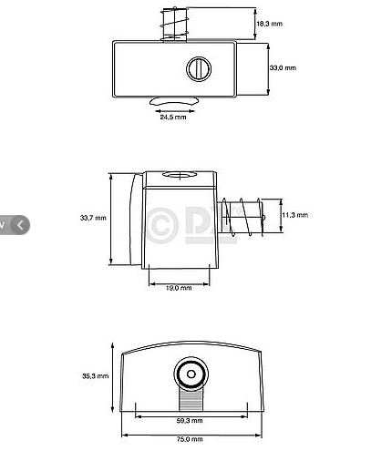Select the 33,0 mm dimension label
tap(283, 67)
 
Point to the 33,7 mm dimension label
tap(93, 218)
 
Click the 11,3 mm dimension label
tap(294, 215)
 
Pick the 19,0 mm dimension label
tap(179, 288)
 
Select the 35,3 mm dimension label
tap(96, 375)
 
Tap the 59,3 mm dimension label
tap(191, 422)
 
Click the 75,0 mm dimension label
tap(191, 439)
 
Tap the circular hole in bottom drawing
tap(190, 374)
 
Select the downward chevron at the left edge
tap(4, 222)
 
